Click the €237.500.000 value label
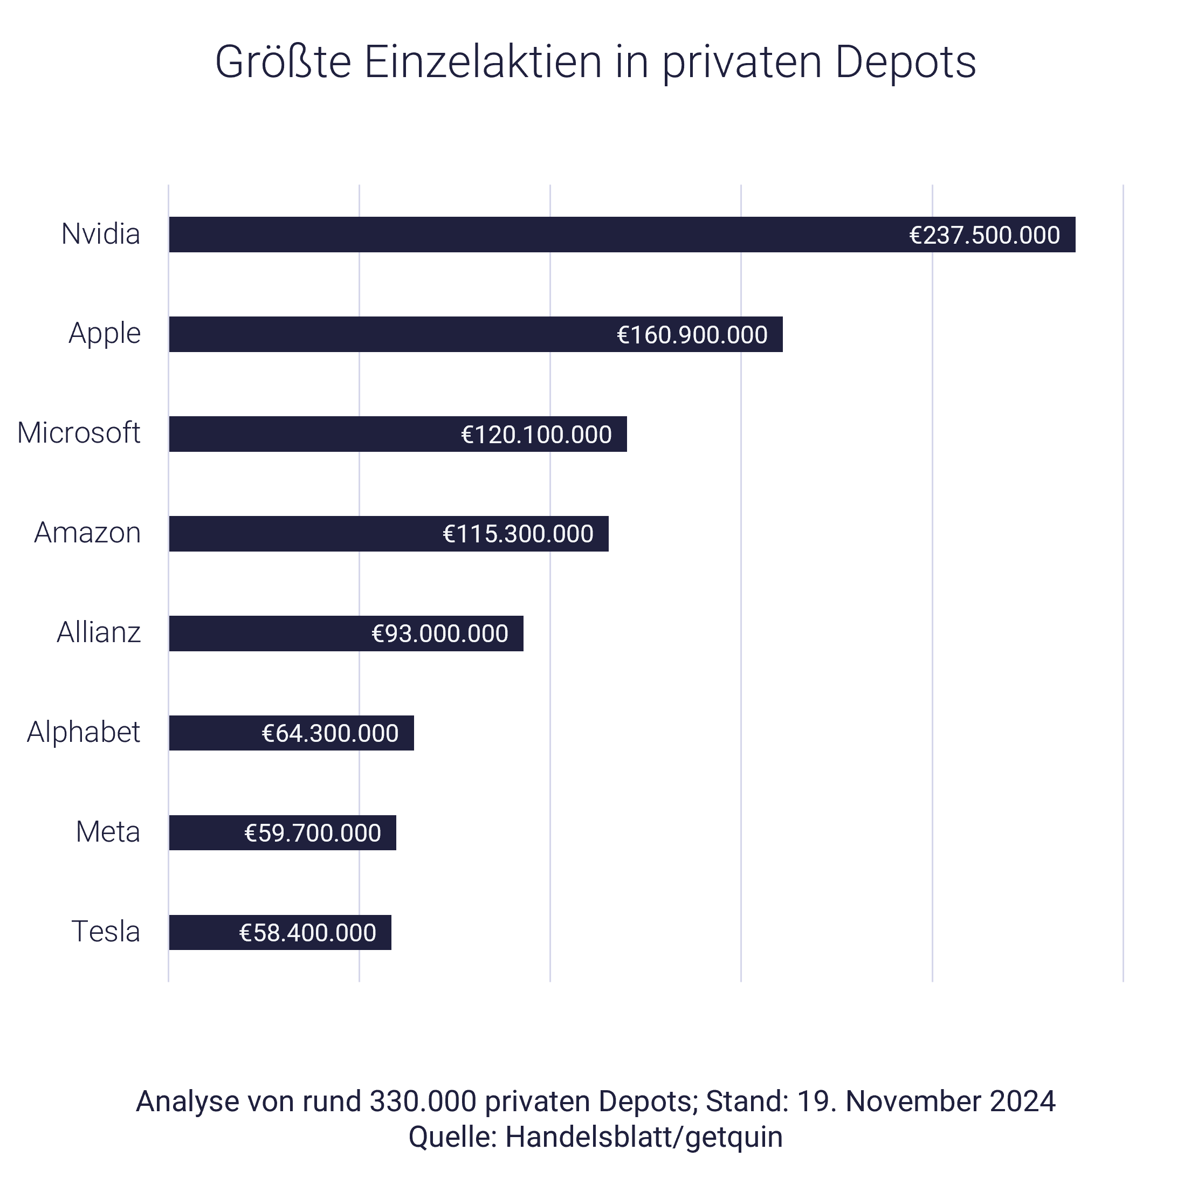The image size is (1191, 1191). tap(985, 236)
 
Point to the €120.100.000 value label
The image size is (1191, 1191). tap(536, 435)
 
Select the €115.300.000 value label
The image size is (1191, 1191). tap(518, 534)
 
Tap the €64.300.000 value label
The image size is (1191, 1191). tap(330, 733)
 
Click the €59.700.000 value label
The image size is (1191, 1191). tap(313, 833)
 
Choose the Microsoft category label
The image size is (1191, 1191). tap(79, 433)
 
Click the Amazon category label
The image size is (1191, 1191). tap(87, 533)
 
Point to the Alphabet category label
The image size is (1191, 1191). tap(84, 732)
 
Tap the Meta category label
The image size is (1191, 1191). tap(108, 832)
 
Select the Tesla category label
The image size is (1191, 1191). tap(106, 932)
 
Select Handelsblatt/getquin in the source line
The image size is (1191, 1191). tap(644, 1137)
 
